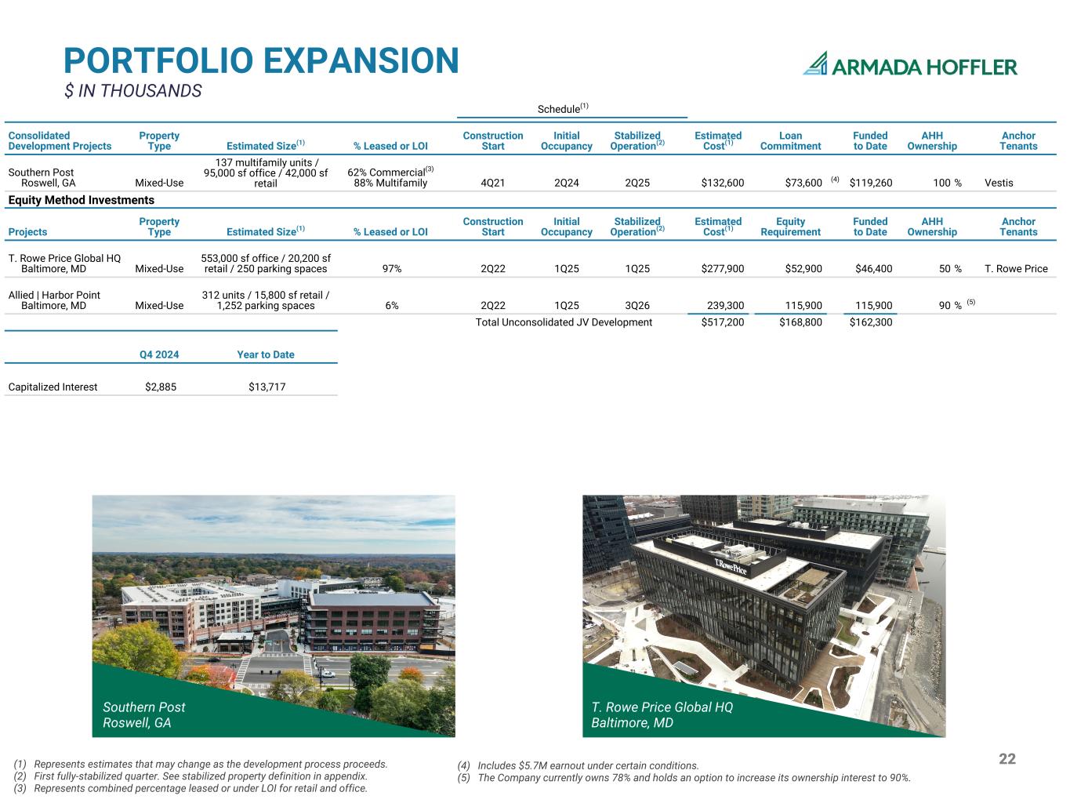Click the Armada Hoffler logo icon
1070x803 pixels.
point(815,64)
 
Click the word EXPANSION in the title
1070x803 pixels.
point(361,60)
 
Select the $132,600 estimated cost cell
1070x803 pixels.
point(723,183)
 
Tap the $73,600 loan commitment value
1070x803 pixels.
point(803,183)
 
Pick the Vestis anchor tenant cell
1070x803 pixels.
point(999,183)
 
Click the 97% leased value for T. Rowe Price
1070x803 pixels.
point(391,269)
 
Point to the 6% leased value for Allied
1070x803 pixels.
point(391,306)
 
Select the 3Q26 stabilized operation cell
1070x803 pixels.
point(637,306)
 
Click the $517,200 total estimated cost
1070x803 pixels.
point(723,322)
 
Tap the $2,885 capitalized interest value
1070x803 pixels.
point(161,387)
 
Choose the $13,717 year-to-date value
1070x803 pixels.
point(267,387)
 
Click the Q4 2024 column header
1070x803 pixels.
point(159,354)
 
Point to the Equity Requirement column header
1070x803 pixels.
point(790,227)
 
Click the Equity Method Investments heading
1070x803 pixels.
point(81,200)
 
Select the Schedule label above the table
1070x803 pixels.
point(563,108)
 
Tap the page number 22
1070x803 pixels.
point(1007,758)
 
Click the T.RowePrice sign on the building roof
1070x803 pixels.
point(731,566)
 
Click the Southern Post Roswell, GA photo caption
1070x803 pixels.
point(143,714)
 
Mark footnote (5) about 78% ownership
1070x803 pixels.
point(684,778)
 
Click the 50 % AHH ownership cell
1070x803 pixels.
point(950,269)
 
